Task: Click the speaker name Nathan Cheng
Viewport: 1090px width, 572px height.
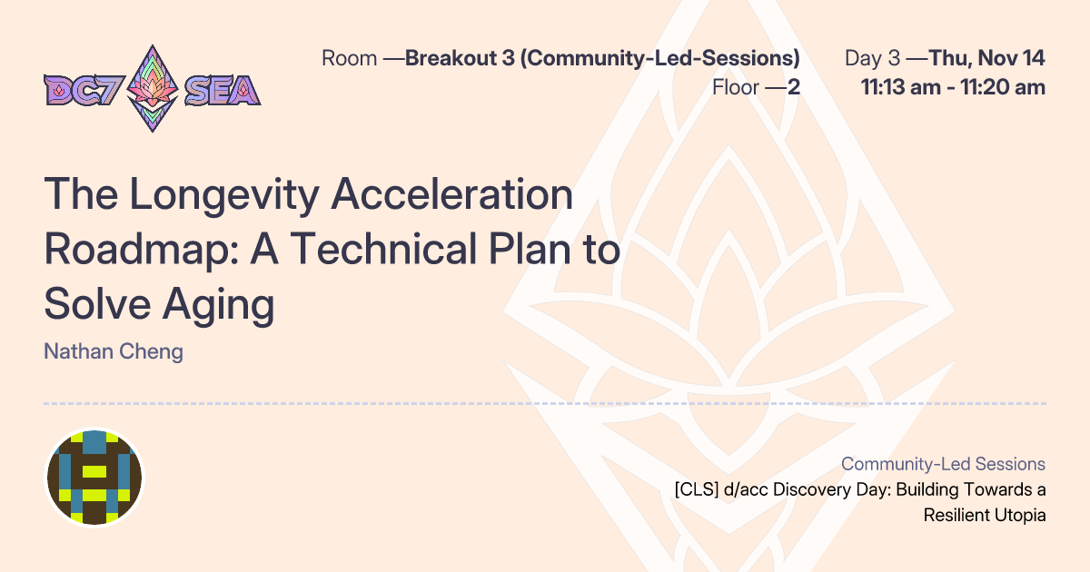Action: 114,351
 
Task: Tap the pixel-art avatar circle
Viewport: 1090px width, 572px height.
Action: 94,478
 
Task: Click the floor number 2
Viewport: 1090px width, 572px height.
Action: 794,88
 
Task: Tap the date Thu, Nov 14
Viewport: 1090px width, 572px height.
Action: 987,59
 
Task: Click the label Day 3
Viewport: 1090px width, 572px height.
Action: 872,59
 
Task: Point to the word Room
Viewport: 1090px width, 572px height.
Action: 349,59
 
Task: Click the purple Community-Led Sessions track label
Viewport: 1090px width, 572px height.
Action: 943,464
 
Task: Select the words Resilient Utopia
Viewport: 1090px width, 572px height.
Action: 985,515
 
